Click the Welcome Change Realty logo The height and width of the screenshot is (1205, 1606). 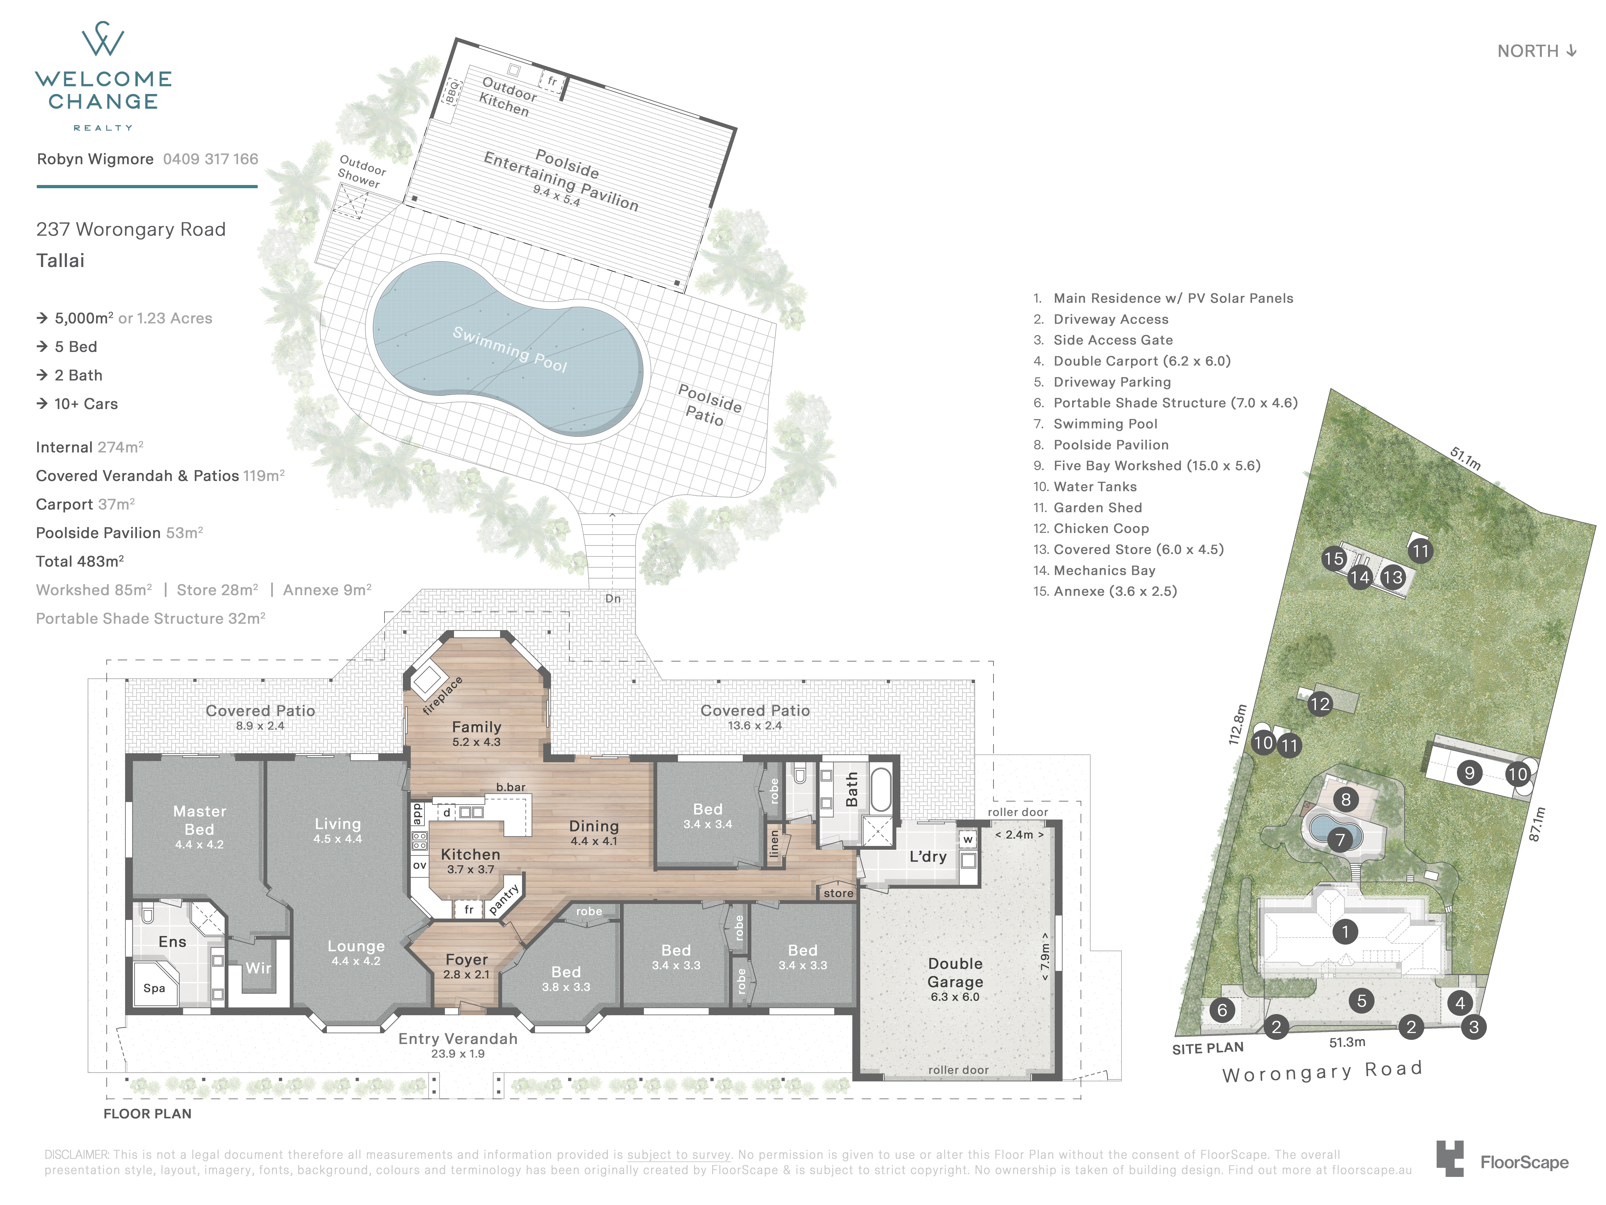tap(103, 76)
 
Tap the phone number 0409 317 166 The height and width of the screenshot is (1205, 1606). tap(210, 159)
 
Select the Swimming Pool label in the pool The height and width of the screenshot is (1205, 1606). tap(510, 349)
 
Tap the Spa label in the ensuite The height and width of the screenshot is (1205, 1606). tap(154, 988)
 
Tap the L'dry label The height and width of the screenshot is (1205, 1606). tap(928, 856)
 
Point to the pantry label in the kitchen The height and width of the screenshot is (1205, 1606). tap(504, 899)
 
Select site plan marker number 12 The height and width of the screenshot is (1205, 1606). tap(1320, 704)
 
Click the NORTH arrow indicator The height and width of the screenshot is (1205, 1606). tap(1537, 51)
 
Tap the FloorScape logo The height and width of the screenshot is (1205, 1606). tap(1502, 1159)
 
